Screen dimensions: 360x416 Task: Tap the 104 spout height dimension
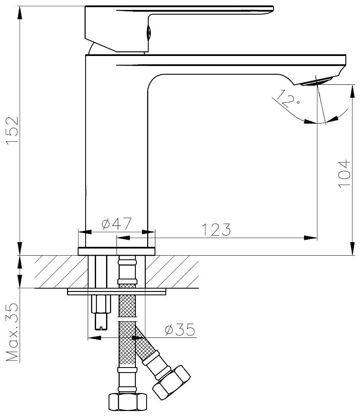pos(344,174)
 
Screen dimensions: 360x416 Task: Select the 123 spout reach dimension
pos(216,229)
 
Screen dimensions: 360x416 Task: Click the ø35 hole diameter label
pos(180,330)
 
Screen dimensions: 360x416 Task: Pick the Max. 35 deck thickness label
pos(12,332)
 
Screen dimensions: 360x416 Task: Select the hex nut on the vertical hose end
pos(128,402)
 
